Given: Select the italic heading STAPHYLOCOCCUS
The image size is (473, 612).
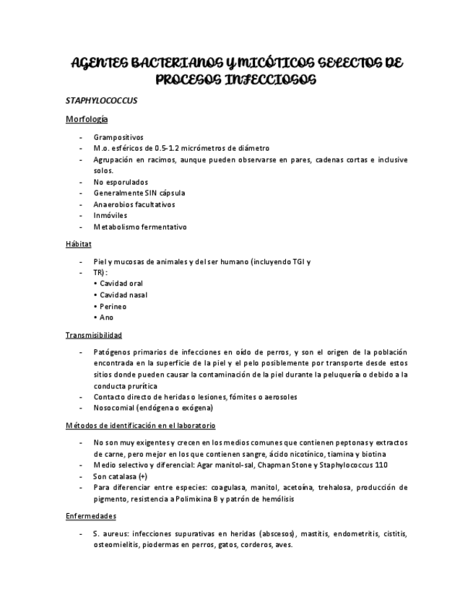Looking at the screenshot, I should [x=101, y=100].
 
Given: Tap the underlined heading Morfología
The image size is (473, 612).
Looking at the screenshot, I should [x=87, y=119].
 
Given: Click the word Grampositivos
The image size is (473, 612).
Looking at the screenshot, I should [x=118, y=137].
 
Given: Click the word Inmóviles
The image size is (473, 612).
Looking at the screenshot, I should [x=110, y=216].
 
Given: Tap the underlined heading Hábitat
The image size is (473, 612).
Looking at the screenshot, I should [x=79, y=245].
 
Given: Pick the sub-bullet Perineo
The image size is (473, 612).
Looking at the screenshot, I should [x=113, y=306].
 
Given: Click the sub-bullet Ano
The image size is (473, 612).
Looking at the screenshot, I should [x=106, y=318].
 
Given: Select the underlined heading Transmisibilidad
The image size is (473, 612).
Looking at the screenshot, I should [x=94, y=335].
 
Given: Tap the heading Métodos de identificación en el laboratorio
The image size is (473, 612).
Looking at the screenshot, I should [x=140, y=426].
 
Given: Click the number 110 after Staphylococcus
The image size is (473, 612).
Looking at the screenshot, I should [x=381, y=465].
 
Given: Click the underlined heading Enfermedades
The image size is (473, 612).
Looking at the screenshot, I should [x=91, y=517].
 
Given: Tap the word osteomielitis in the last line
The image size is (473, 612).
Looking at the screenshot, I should [x=117, y=545].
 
